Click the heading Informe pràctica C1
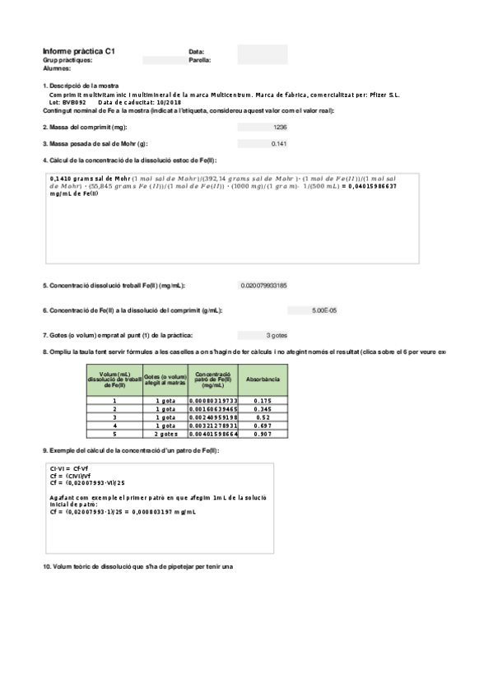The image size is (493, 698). pos(78,51)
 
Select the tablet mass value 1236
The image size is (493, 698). pos(280,128)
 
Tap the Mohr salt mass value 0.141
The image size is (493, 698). pos(279,144)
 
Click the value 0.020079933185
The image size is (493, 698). pos(263,286)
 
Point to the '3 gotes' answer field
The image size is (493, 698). pos(277,335)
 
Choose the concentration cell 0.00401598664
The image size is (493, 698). pos(213,433)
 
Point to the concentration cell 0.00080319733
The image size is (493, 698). pos(213,400)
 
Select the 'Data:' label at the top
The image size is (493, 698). pos(196,52)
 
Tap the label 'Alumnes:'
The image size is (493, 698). pos(57,68)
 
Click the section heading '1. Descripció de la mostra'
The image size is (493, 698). pos(81,86)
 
